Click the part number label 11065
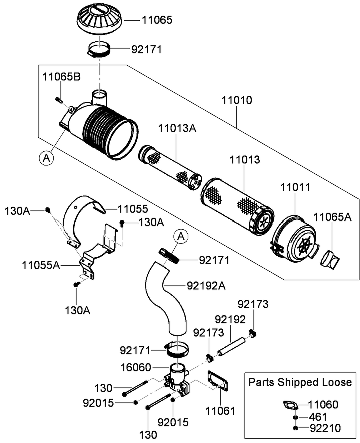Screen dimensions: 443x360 (x=158, y=20)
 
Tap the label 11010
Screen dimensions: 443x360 (x=237, y=100)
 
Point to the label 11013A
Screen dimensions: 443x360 (x=178, y=128)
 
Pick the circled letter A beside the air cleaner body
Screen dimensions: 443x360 (x=46, y=158)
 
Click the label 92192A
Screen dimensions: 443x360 (x=206, y=286)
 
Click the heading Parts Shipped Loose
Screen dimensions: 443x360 (x=300, y=382)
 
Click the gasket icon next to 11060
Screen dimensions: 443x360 (x=290, y=405)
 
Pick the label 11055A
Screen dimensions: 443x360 (x=41, y=265)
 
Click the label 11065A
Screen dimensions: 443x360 (x=332, y=216)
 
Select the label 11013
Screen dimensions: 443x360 (x=245, y=160)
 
